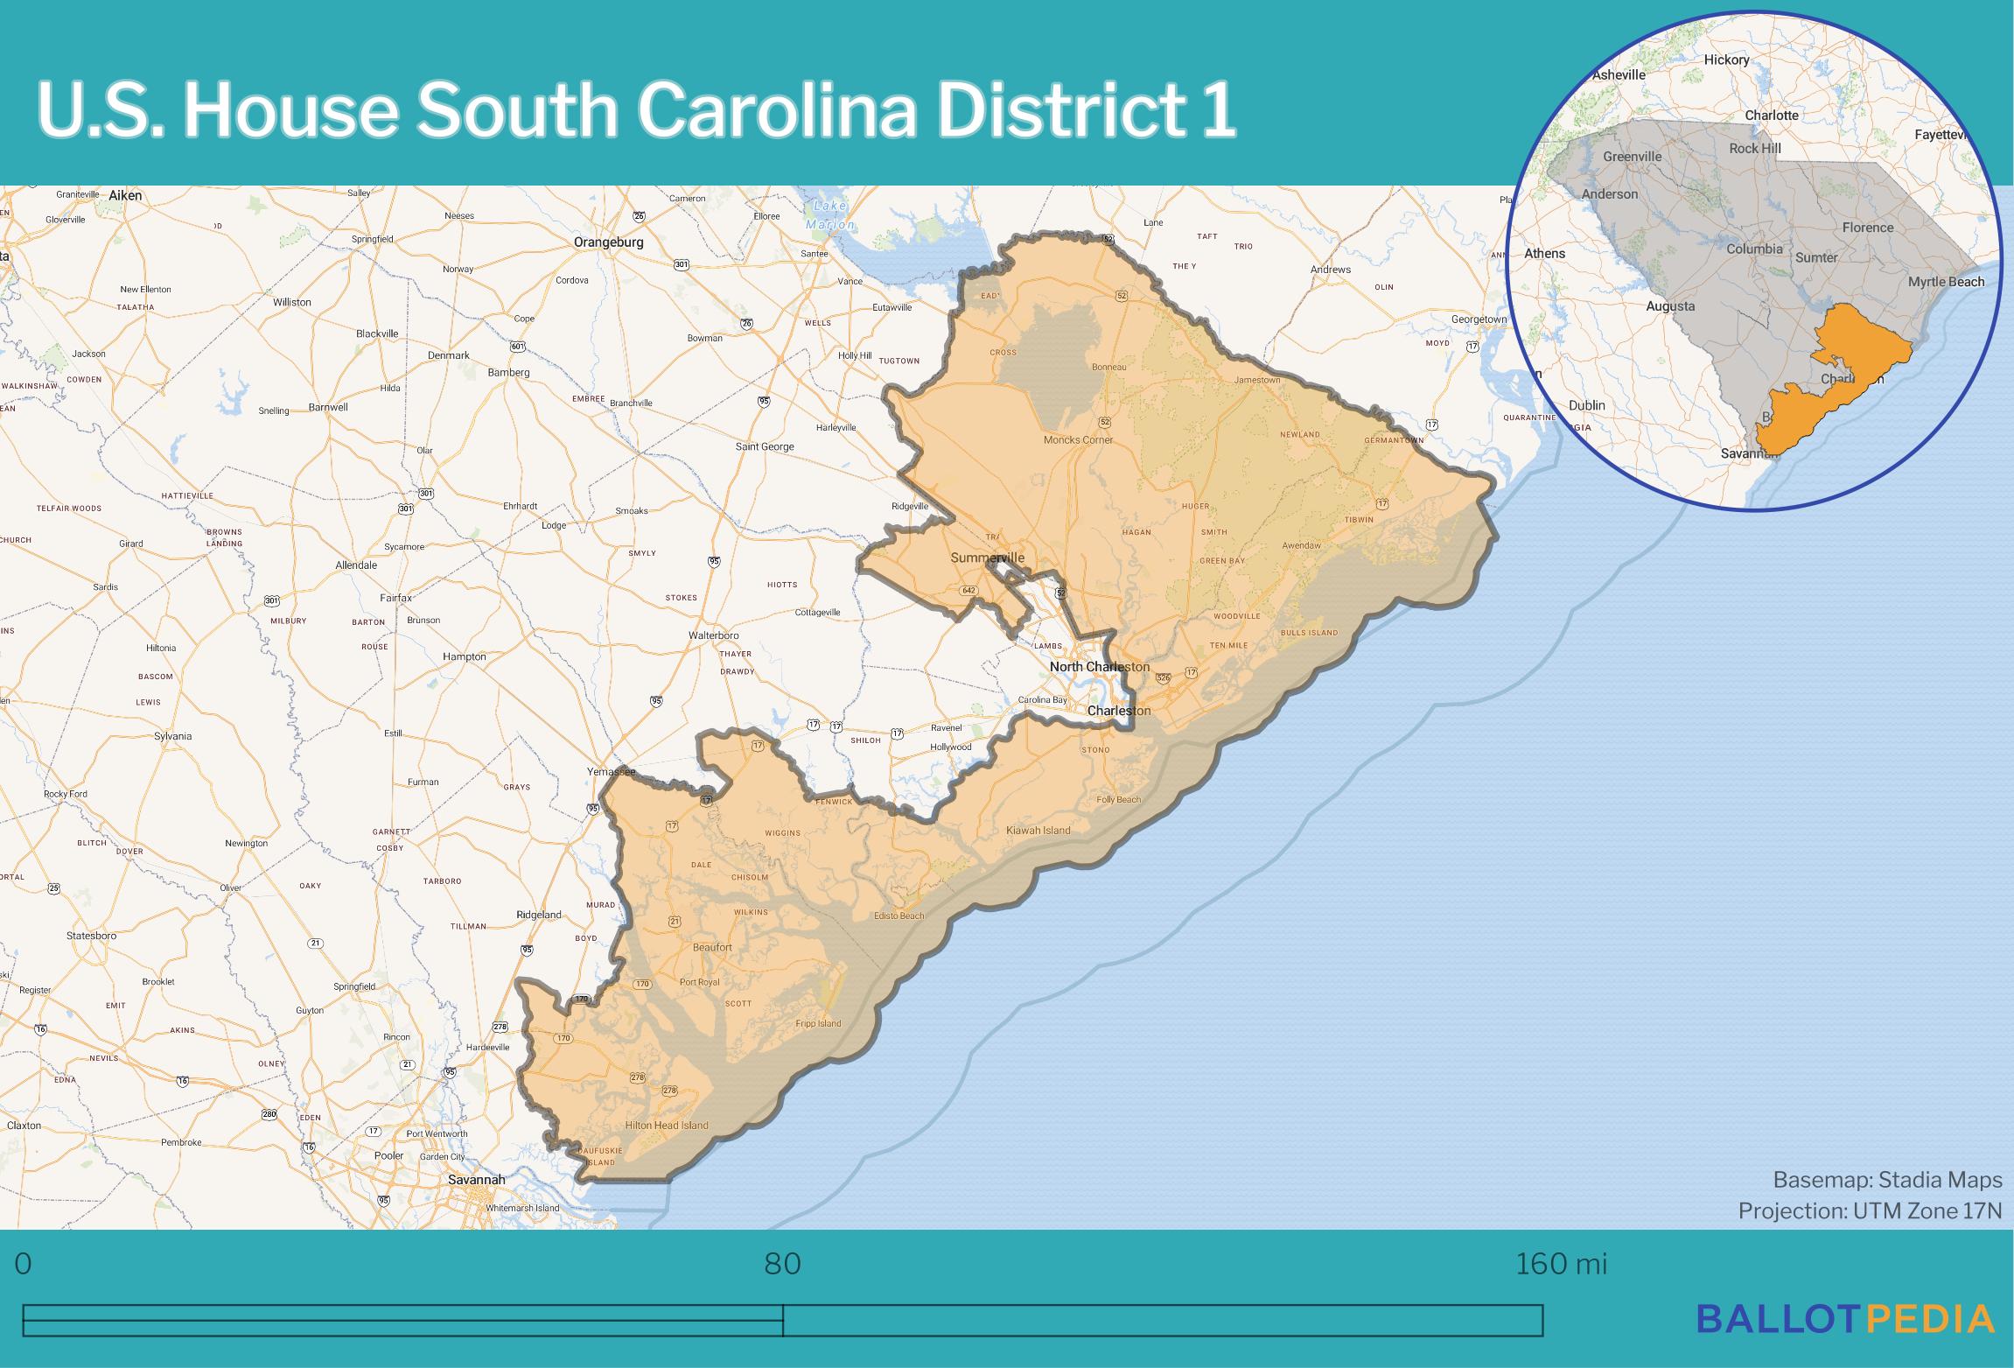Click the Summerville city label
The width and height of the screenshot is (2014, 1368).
coord(987,558)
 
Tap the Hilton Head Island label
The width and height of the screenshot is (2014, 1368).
coord(667,1126)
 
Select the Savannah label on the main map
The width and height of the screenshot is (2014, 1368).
coord(476,1180)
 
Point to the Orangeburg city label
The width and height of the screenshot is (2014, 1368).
coord(608,242)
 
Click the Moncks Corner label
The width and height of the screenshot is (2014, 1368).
coord(1078,440)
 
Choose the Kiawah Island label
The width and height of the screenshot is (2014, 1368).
coord(1038,830)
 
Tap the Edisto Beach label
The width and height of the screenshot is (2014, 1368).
coord(899,916)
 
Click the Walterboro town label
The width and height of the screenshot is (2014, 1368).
coord(714,635)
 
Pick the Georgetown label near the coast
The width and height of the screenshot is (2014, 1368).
coord(1479,319)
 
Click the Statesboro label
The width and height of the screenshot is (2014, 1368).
coord(91,936)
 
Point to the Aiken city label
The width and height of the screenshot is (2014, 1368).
coord(125,196)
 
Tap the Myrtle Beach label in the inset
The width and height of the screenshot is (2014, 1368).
coord(1946,282)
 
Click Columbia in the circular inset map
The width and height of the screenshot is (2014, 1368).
coord(1754,249)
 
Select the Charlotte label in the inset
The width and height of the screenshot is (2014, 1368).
coord(1772,116)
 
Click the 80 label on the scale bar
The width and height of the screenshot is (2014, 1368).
coord(782,1265)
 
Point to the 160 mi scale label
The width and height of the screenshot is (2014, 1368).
coord(1560,1265)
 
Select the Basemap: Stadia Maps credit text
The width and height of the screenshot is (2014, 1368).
coord(1887,1180)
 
